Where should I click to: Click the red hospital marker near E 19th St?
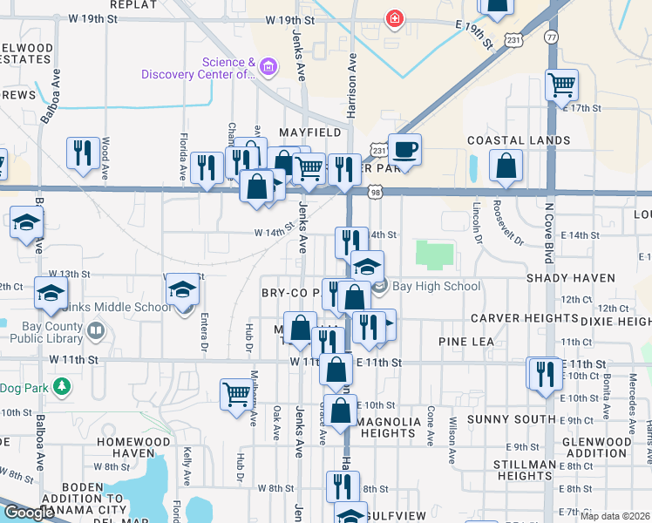395,18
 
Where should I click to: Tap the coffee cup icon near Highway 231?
404,150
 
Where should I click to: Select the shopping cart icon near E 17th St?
561,85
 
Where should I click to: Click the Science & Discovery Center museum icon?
268,67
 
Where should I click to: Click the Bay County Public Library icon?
95,331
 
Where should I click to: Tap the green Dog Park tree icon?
61,385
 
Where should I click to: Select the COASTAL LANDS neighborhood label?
519,140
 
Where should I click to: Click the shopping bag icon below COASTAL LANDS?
506,166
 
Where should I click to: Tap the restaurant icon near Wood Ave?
83,153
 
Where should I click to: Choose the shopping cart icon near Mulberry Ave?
236,394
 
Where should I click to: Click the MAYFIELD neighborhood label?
309,132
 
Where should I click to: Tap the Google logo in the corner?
29,513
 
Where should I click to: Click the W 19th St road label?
289,19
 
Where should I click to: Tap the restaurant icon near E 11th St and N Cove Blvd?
545,374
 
